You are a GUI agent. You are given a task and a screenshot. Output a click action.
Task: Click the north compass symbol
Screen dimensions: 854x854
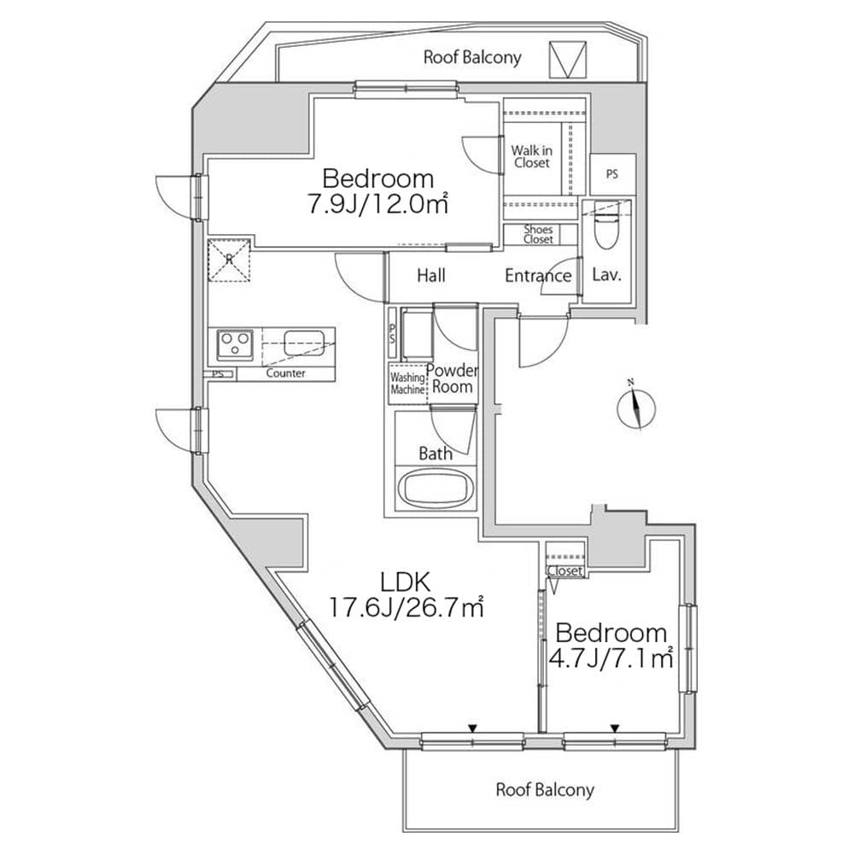[636, 408]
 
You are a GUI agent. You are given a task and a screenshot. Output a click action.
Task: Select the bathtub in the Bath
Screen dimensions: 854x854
[436, 489]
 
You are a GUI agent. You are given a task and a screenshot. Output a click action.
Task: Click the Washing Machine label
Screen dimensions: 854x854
[407, 383]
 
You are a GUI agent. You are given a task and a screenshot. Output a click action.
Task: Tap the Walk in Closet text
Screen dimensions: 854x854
[531, 156]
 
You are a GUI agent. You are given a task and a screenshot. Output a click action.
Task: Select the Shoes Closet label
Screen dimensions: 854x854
[538, 234]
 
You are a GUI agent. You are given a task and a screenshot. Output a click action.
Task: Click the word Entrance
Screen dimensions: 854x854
[537, 276]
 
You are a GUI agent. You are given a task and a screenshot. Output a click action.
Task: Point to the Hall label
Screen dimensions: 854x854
[431, 276]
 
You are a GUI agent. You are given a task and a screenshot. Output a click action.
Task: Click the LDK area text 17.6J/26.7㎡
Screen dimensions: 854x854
[407, 608]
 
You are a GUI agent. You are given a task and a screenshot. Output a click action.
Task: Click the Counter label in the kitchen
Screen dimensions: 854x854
[285, 374]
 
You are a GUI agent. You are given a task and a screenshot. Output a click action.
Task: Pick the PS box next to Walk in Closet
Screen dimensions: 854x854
[611, 174]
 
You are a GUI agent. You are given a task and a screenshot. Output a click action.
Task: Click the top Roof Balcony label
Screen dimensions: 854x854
[472, 58]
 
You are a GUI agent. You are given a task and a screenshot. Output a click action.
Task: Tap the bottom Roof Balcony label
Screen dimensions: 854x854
[544, 789]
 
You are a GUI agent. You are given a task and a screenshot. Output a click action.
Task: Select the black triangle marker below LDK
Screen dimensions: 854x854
[471, 728]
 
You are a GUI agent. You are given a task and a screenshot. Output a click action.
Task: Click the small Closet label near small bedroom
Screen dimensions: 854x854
[564, 570]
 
